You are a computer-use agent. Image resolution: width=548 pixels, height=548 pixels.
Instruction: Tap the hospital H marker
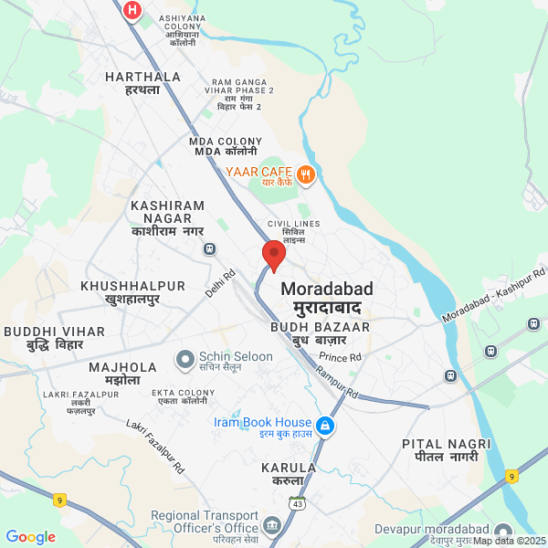(x=133, y=10)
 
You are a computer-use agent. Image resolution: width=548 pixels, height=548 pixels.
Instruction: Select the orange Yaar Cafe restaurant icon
(x=306, y=174)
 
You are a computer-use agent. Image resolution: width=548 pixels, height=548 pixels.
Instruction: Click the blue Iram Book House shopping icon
(x=325, y=426)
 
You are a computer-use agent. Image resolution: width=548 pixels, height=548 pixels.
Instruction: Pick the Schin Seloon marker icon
(x=185, y=359)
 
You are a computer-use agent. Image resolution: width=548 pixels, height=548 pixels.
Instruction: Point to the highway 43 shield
(x=298, y=503)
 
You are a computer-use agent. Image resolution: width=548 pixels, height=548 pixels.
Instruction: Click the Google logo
(x=30, y=537)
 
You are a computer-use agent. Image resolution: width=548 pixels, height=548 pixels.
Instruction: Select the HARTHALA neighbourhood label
(x=142, y=83)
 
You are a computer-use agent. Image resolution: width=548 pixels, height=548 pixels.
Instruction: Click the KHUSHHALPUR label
(x=133, y=292)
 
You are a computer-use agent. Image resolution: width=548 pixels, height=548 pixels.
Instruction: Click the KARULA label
(x=289, y=473)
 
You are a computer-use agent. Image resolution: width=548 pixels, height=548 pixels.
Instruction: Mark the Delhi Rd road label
(x=220, y=283)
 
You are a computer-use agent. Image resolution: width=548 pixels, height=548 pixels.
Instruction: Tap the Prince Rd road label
(x=341, y=356)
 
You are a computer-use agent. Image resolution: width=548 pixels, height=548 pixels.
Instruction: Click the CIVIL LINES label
(x=293, y=228)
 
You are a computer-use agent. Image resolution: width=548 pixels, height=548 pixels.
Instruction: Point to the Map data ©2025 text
(x=510, y=541)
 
